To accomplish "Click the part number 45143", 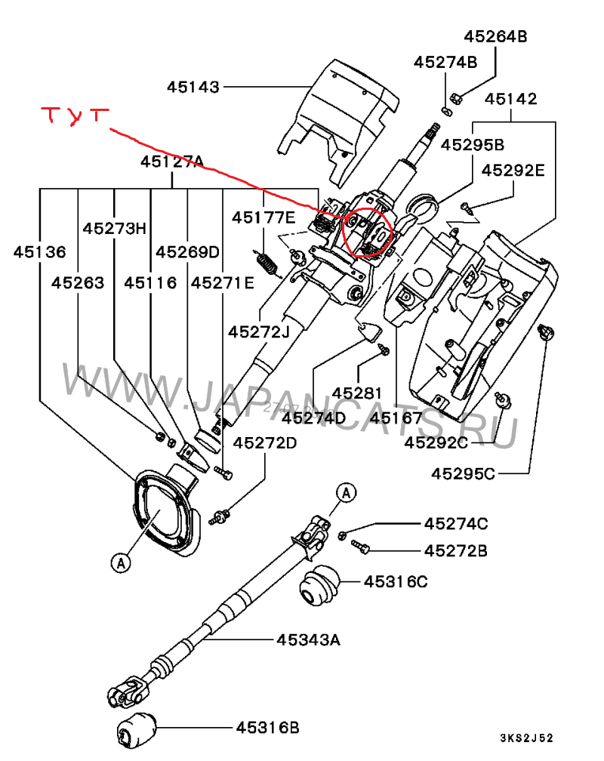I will (193, 88).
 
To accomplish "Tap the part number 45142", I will (511, 99).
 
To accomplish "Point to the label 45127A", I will (172, 162).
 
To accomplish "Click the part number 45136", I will (39, 252).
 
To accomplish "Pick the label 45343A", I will (308, 640).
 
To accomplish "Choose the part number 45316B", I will (267, 728).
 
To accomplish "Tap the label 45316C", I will (396, 582).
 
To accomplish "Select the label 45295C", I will (464, 474).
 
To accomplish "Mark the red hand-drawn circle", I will (365, 232).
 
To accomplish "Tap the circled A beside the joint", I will (345, 493).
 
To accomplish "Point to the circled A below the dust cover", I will (119, 562).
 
